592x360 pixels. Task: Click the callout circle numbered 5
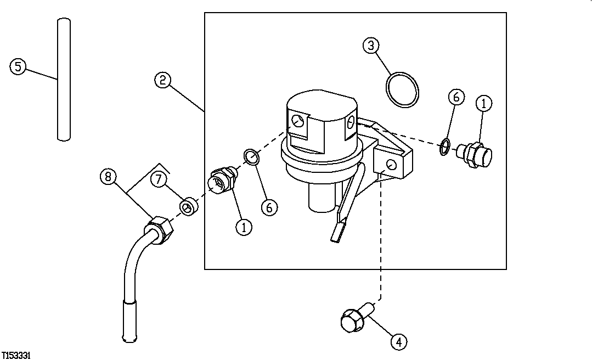tap(18, 67)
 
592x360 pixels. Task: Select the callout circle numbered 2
tap(162, 80)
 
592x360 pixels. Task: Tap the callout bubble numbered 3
tap(371, 46)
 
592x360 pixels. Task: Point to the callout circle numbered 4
tap(399, 341)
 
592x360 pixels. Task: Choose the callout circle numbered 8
tap(108, 177)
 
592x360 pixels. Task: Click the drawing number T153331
tap(15, 356)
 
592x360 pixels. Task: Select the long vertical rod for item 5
tap(64, 80)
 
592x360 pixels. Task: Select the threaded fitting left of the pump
tap(223, 179)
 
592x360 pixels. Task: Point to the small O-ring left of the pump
tap(251, 157)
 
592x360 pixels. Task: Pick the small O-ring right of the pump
tap(446, 147)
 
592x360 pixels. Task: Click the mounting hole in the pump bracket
tap(390, 165)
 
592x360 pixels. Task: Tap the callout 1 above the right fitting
tap(483, 103)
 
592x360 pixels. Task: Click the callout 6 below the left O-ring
tap(269, 207)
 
